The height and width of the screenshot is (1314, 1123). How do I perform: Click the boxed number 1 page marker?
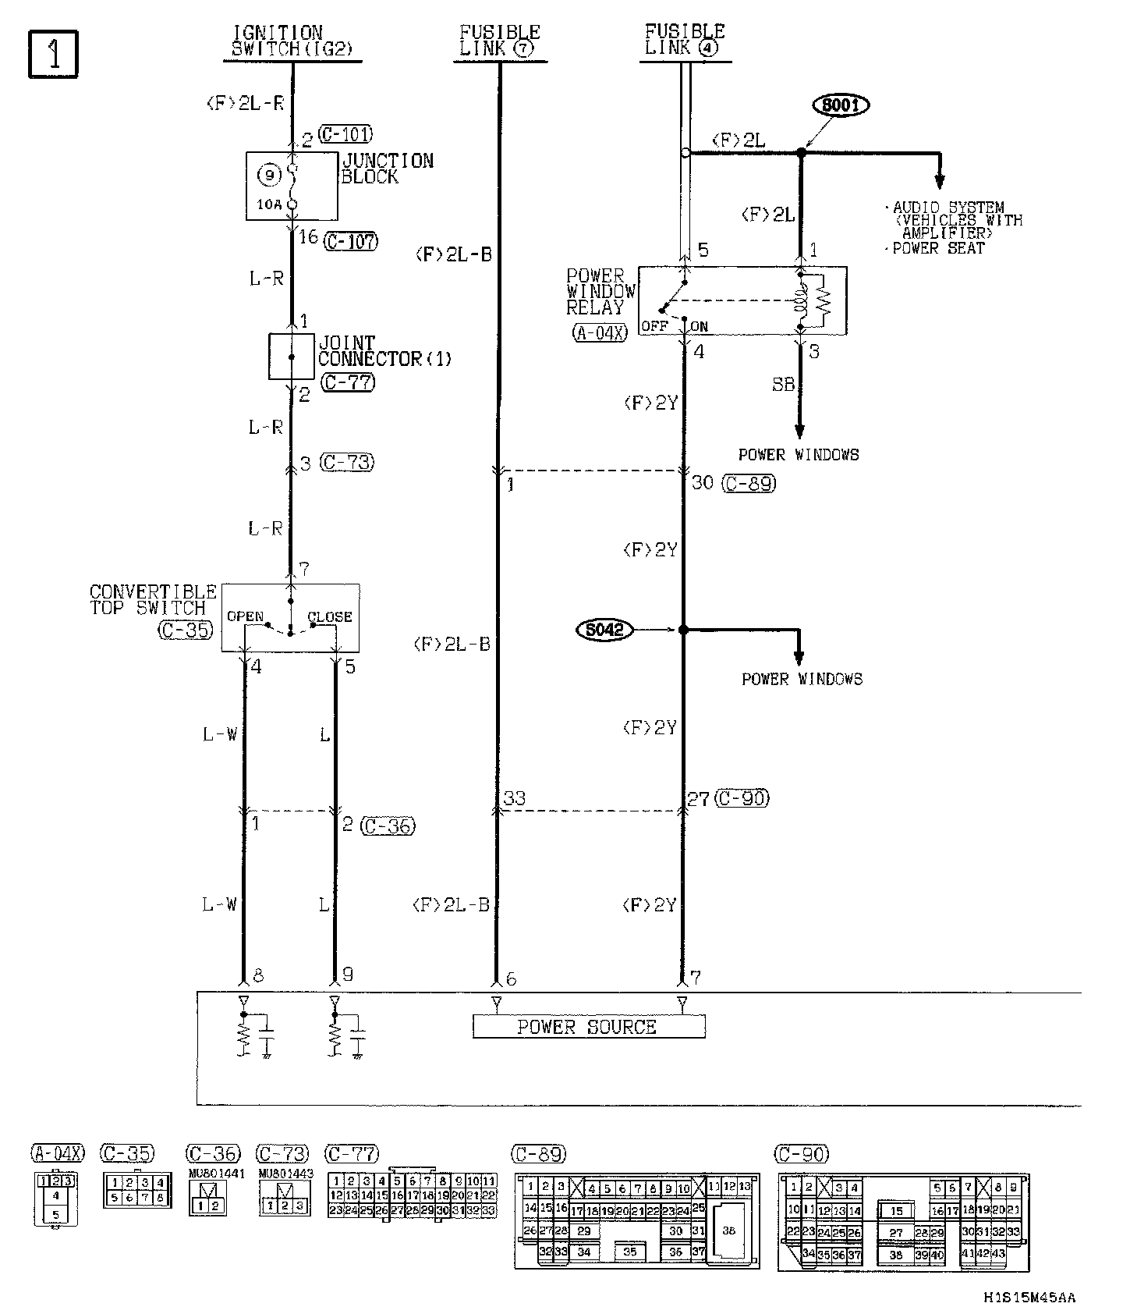click(x=54, y=55)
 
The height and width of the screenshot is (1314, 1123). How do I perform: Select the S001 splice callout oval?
click(x=841, y=105)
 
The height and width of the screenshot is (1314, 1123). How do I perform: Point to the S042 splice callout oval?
click(x=604, y=630)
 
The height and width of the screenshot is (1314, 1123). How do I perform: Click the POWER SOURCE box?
click(x=588, y=1027)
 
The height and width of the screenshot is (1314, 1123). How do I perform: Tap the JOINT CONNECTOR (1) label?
click(x=384, y=351)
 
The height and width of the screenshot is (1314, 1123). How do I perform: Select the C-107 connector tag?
click(x=350, y=241)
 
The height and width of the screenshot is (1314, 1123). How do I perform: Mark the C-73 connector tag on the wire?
click(x=347, y=463)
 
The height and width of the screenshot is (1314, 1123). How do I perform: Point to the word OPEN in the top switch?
click(x=245, y=616)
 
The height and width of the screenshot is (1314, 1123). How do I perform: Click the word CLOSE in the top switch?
click(x=329, y=616)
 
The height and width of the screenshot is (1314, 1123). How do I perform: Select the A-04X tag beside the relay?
click(x=600, y=333)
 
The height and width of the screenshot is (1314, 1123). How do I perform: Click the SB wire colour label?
click(x=783, y=385)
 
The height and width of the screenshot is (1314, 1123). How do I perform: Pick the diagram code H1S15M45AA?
click(x=1029, y=1297)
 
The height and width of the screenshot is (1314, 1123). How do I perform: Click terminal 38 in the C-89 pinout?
click(x=729, y=1231)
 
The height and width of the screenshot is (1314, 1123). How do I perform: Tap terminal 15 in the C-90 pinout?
click(x=897, y=1211)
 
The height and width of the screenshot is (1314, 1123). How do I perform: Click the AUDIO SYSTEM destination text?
click(x=948, y=208)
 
